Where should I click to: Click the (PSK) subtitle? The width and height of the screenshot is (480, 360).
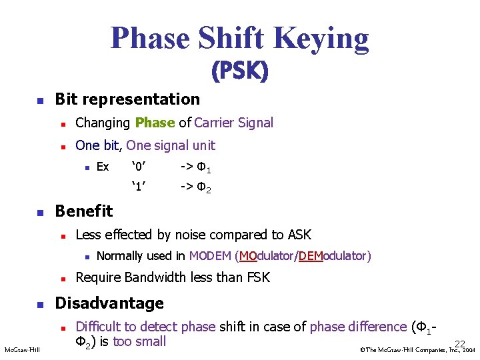coord(239,71)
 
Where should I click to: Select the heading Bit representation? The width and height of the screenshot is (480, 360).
coord(127,99)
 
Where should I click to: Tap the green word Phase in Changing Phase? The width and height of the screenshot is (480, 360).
coord(155,123)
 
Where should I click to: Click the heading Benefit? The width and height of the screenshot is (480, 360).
coord(84,211)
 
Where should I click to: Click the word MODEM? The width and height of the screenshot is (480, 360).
coord(210,256)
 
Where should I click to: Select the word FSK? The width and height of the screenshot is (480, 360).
coord(256,277)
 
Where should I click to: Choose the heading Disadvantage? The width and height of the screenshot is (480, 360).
coord(109,303)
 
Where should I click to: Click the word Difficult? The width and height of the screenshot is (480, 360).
coord(98,327)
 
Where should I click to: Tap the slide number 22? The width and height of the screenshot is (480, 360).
coord(460,343)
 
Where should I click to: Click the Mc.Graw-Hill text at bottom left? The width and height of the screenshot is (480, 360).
coord(22,349)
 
